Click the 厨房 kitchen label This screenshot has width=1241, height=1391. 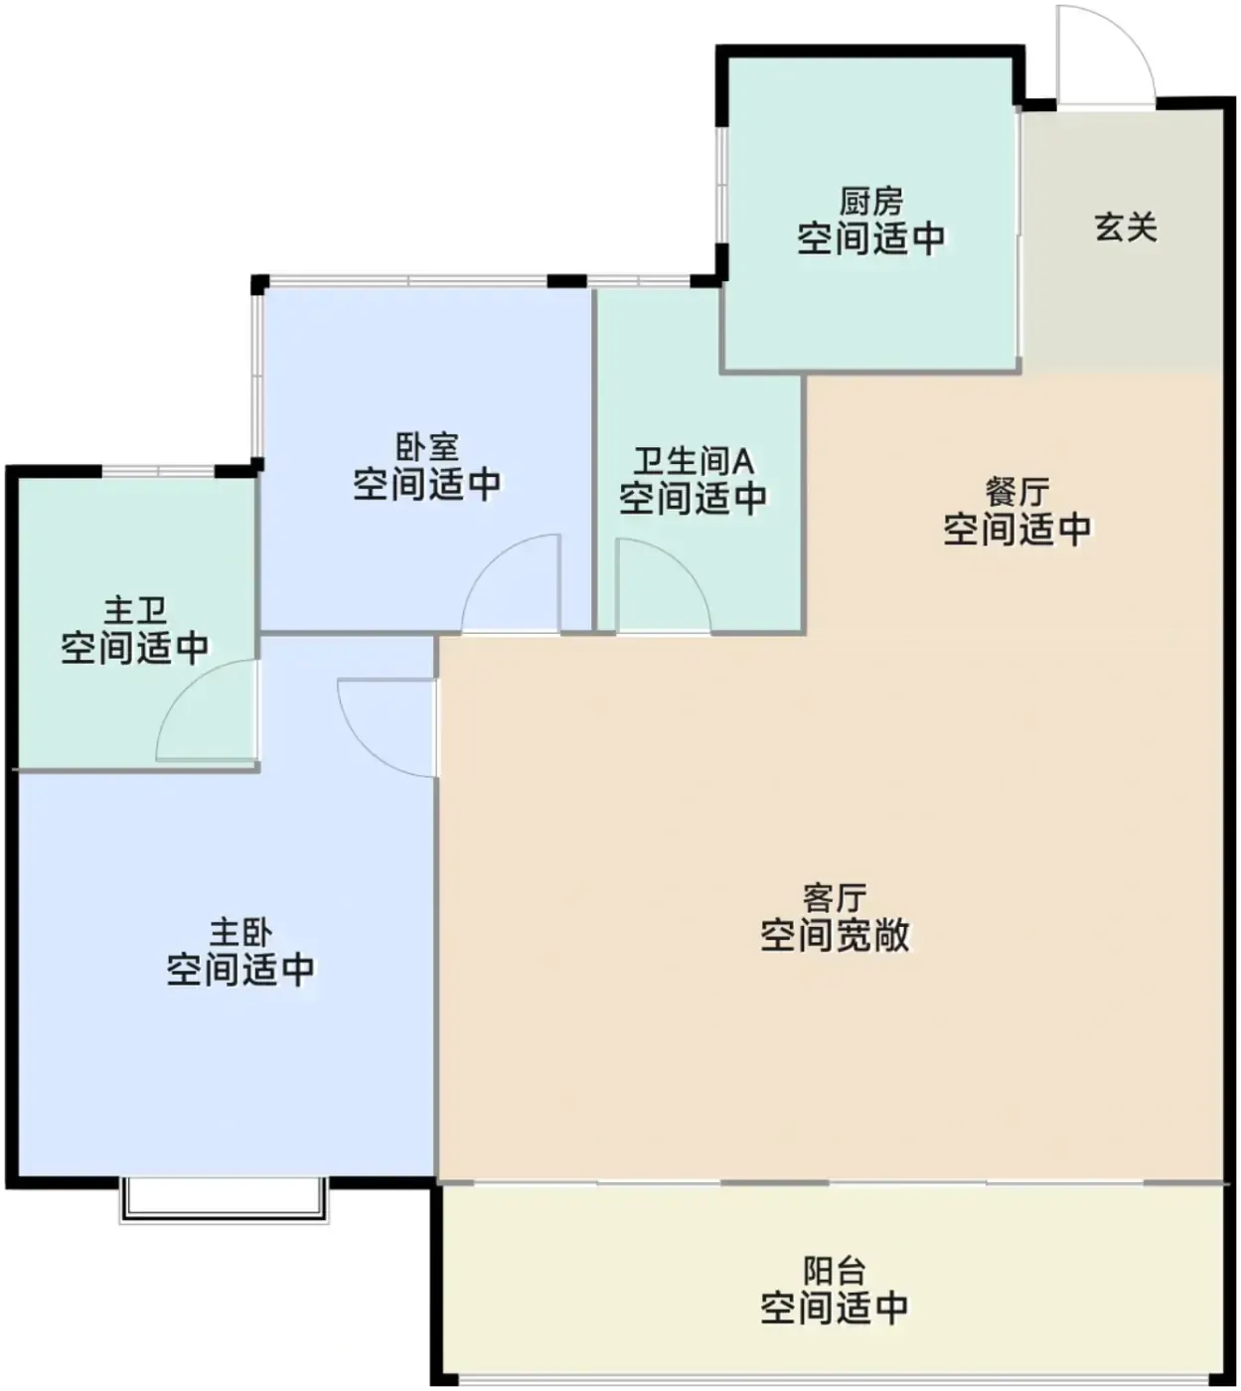coord(870,202)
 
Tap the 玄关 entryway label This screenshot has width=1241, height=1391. coord(1126,228)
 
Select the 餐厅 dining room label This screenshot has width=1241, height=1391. coord(1017,492)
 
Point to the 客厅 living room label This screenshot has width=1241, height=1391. coord(835,897)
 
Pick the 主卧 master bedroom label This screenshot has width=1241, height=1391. coord(241,932)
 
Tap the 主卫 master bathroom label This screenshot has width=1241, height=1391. coord(135,610)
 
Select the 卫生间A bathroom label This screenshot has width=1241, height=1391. coord(694,461)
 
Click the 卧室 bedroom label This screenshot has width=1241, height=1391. coord(427,448)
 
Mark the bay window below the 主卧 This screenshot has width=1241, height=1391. coord(224,1199)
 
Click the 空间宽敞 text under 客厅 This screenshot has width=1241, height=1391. coord(835,934)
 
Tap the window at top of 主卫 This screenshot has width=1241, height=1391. coord(158,471)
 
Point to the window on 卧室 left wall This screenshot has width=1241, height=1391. coord(257,375)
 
